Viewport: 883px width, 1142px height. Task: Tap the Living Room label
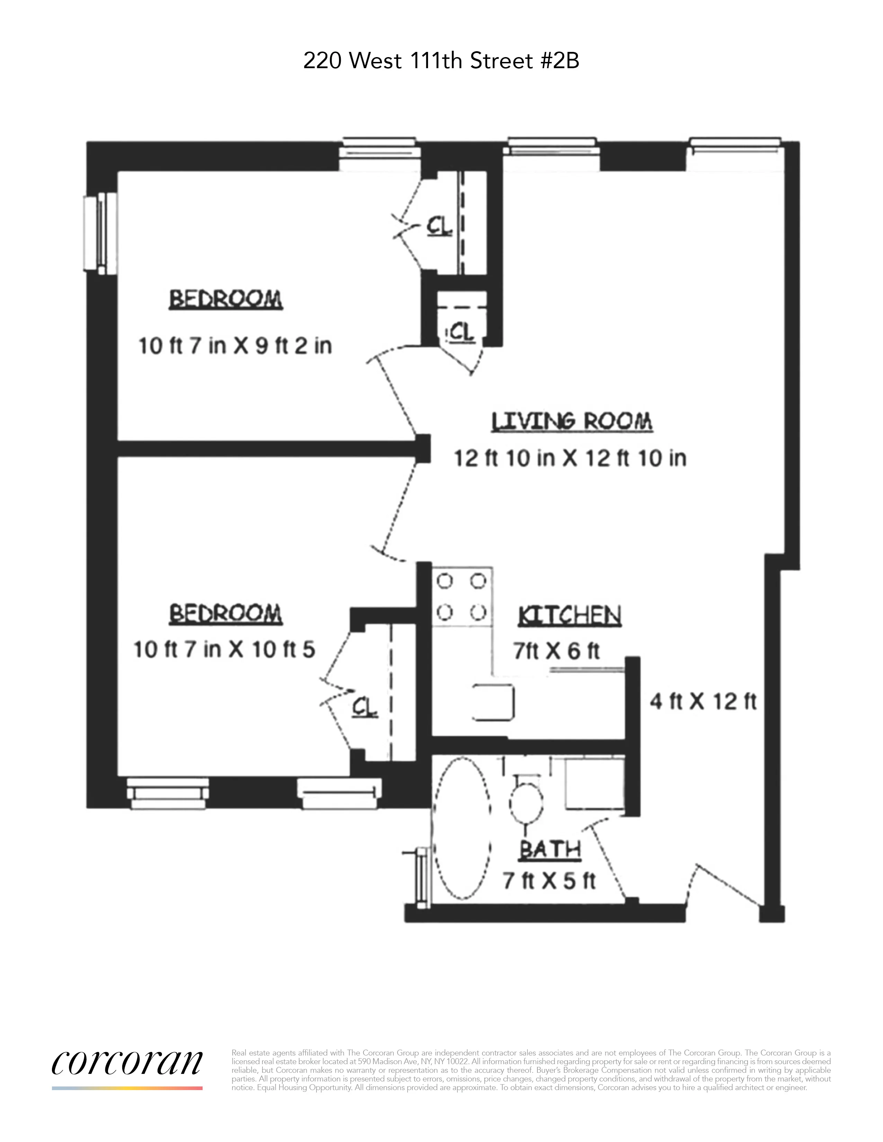(572, 422)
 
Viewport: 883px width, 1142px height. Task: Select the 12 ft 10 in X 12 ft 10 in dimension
(570, 458)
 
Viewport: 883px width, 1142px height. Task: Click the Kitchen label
(570, 616)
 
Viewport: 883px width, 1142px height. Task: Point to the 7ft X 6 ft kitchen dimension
(556, 651)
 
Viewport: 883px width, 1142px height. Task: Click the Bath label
(550, 850)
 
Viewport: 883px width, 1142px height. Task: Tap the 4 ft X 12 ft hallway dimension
(703, 701)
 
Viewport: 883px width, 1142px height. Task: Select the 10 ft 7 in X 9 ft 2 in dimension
(235, 346)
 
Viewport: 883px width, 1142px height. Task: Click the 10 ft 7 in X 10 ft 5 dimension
(224, 650)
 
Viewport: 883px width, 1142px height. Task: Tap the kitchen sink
(494, 702)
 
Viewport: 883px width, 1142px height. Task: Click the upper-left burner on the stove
(445, 581)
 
